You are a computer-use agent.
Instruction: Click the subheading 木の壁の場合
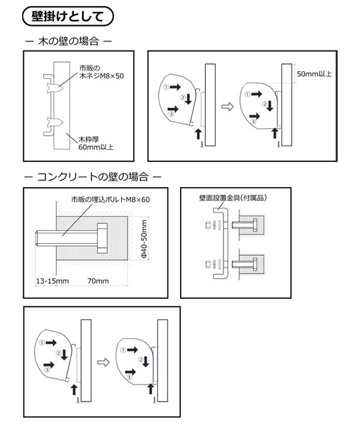(67, 43)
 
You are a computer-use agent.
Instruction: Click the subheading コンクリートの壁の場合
(92, 178)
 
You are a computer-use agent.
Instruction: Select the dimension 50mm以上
(316, 74)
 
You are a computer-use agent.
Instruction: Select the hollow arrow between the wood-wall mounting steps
(227, 107)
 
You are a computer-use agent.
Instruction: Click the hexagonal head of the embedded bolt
(102, 239)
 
